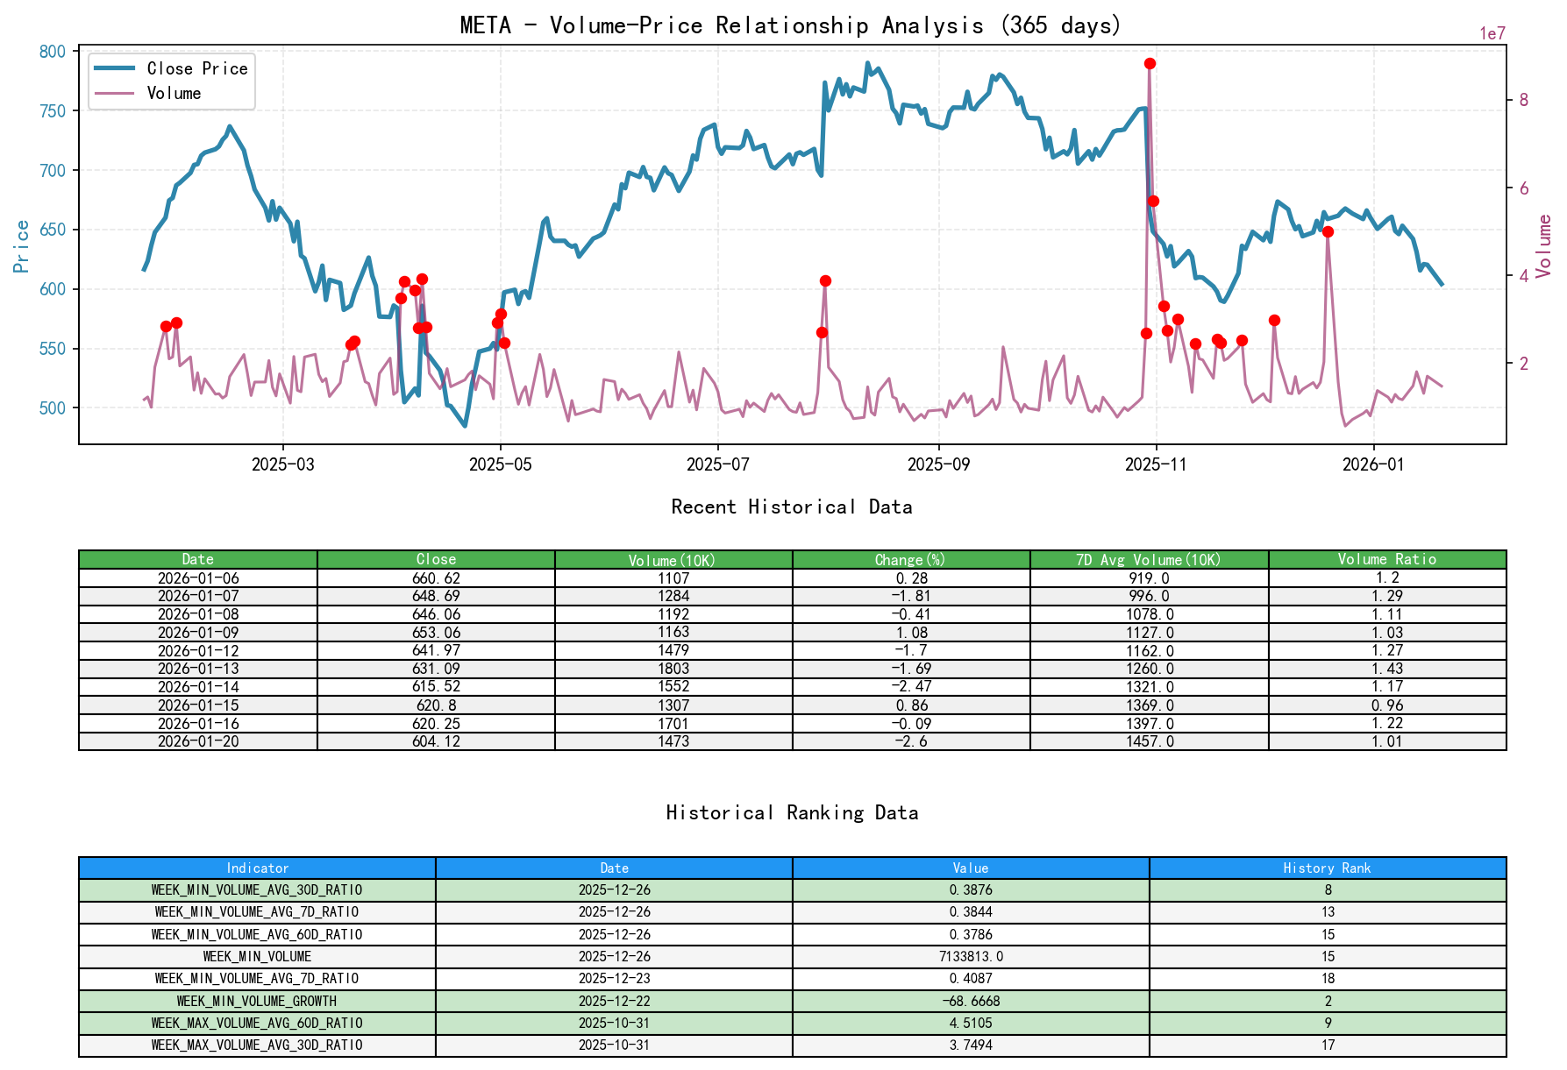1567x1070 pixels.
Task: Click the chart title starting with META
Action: [790, 25]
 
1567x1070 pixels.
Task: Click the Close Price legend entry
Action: [196, 68]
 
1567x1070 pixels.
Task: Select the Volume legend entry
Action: [174, 93]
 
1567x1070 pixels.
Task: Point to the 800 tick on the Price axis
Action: [53, 52]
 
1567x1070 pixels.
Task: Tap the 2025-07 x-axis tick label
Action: [717, 464]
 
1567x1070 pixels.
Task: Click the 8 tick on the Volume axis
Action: [1523, 100]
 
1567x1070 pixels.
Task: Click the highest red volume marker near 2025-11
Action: [1150, 63]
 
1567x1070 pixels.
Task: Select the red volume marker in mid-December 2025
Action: [1328, 231]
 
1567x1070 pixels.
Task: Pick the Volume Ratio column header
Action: [1386, 559]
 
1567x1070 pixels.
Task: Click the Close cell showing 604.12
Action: [436, 741]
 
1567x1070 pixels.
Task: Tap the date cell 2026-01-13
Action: [198, 669]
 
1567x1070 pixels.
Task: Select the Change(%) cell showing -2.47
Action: [911, 687]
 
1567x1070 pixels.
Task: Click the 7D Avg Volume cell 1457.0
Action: [1149, 741]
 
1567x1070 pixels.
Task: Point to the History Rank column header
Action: [1327, 868]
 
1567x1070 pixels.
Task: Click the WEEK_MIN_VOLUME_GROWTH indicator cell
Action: [257, 1001]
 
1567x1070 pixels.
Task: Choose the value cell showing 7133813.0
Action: [971, 956]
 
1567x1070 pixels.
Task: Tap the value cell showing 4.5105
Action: [971, 1023]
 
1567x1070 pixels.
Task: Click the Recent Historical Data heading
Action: [791, 507]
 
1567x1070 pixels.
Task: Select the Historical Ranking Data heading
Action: [791, 812]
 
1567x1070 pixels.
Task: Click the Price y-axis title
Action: [22, 246]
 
